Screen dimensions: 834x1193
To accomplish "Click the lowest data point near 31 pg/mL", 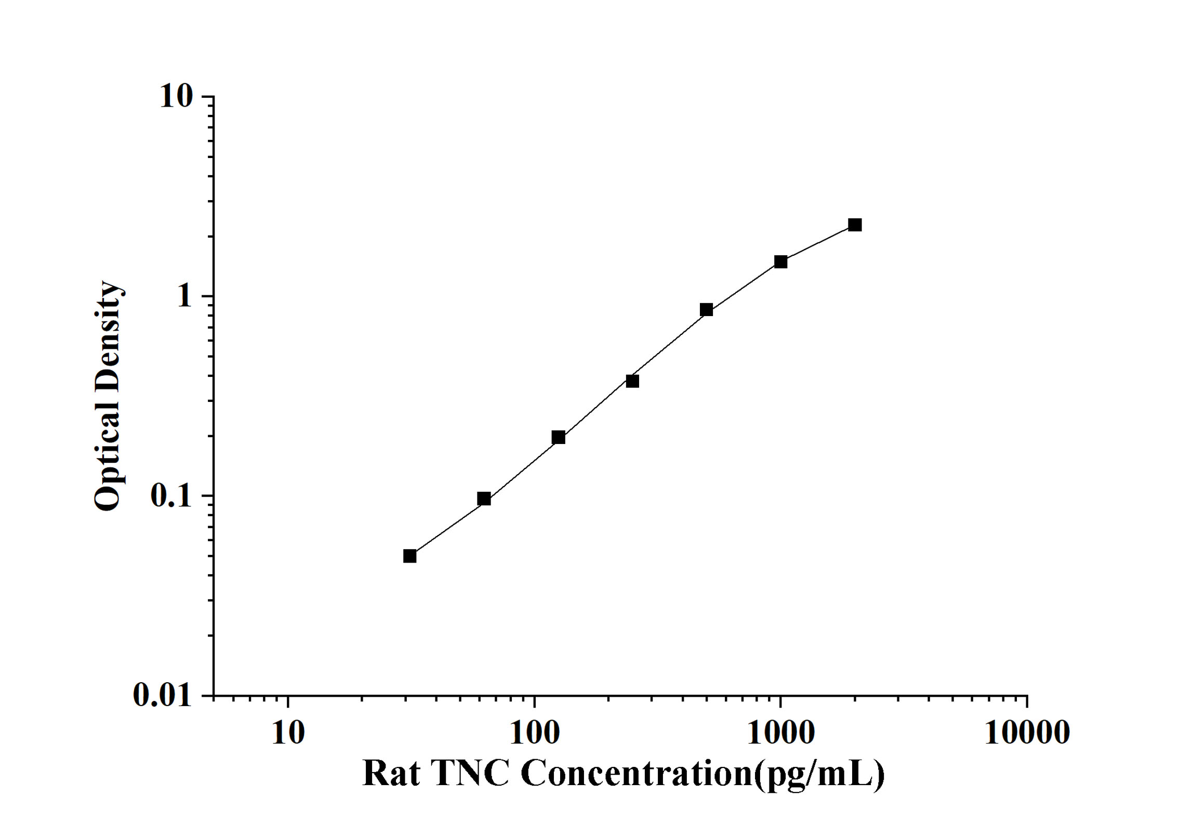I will [409, 556].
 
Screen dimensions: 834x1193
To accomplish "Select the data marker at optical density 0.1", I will [484, 499].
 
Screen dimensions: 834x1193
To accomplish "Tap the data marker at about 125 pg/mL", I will [558, 437].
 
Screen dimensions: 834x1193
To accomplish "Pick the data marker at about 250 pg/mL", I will [632, 381].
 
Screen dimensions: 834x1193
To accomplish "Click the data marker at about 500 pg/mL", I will [706, 310].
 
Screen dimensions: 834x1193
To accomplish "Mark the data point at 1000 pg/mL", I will [780, 262].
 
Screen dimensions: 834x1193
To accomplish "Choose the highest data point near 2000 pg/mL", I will [855, 225].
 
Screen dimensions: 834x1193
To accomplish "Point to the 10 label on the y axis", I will [176, 96].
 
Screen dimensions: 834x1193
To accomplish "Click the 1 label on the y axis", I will [184, 296].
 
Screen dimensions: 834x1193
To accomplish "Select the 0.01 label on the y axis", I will [163, 695].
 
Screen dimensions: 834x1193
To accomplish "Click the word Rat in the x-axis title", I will [391, 773].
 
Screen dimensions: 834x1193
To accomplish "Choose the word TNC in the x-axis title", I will [470, 773].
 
